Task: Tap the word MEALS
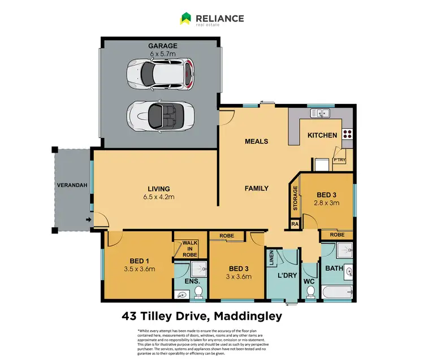tap(256, 141)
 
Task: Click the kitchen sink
tap(323, 114)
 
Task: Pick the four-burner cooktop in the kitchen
tap(347, 135)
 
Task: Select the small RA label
tap(295, 224)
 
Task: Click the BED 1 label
tap(139, 261)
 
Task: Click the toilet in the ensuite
tap(198, 291)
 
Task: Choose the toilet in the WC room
tap(310, 290)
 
